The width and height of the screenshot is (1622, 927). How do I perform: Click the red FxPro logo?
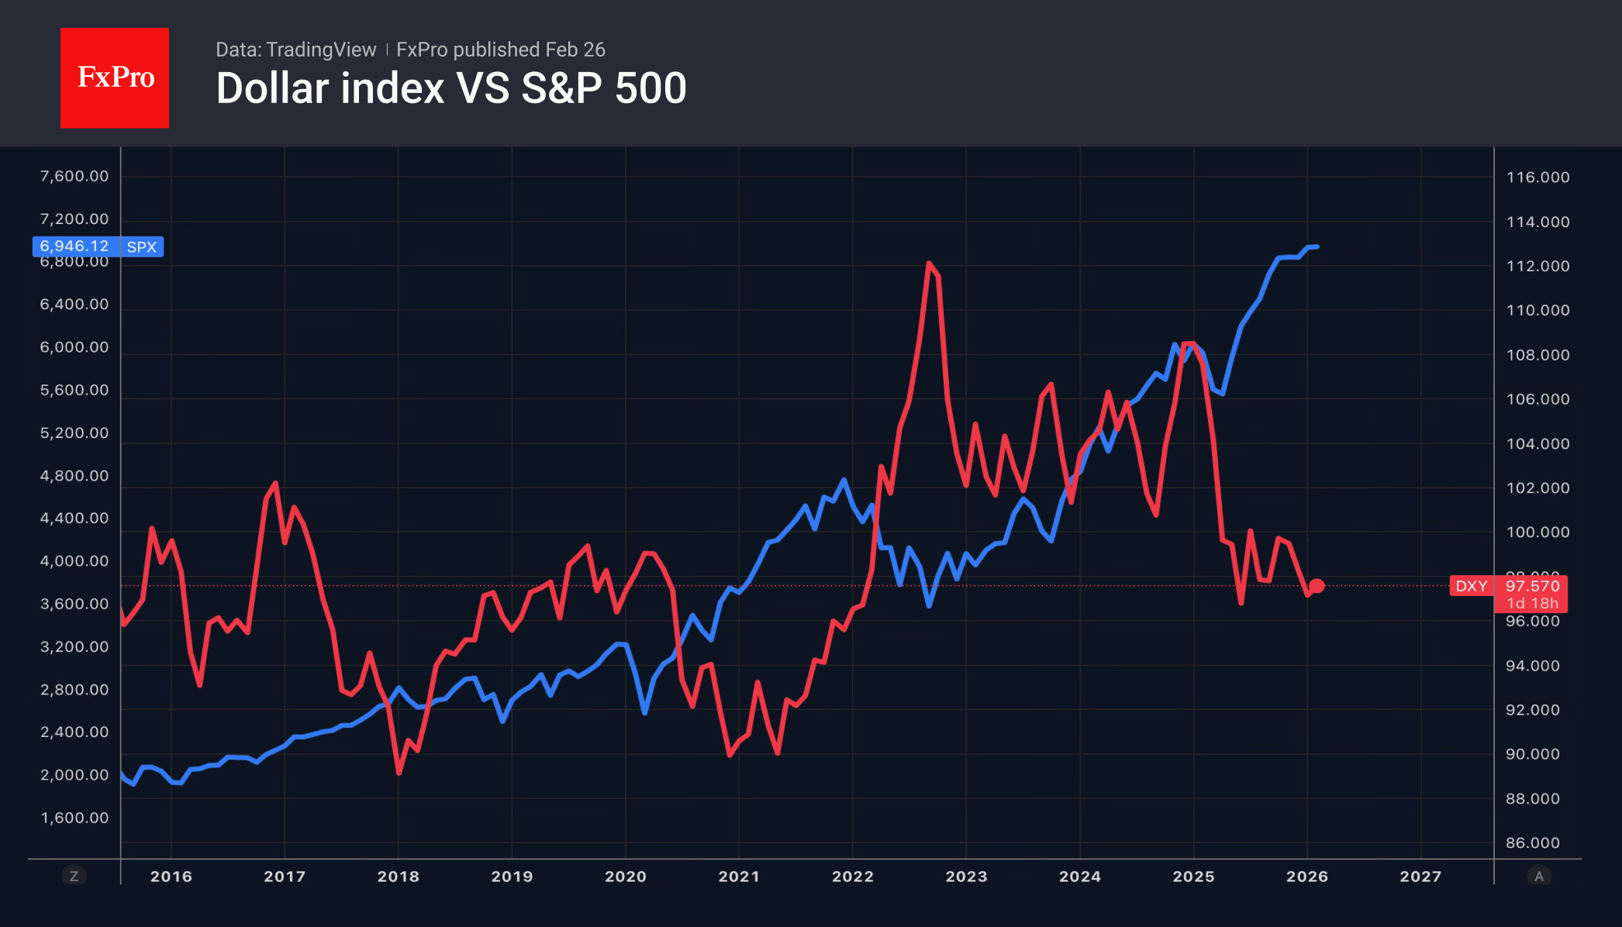(115, 78)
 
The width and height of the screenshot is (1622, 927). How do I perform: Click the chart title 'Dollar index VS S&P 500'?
(451, 88)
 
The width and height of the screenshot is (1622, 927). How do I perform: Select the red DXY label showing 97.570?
(1531, 587)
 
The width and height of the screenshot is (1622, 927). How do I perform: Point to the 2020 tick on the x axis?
(625, 877)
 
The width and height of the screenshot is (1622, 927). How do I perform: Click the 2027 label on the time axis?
(1420, 877)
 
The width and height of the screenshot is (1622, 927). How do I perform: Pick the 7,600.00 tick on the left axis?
(74, 177)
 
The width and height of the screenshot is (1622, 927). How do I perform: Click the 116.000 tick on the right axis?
(1537, 177)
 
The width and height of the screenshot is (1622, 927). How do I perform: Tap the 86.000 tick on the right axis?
(1532, 843)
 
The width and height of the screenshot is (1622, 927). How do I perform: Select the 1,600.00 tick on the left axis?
(74, 818)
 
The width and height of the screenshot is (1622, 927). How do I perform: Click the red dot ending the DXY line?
(1317, 586)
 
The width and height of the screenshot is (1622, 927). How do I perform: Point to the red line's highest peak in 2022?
(928, 264)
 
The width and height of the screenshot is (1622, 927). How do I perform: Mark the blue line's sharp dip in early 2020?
(644, 712)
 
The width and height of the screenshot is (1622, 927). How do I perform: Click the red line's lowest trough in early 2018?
(399, 772)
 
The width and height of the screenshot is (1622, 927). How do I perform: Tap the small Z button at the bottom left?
(74, 877)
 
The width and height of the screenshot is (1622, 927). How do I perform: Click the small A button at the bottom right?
(1539, 877)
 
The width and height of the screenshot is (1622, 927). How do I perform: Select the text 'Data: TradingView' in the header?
(295, 50)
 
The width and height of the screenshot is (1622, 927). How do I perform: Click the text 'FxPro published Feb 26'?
(500, 50)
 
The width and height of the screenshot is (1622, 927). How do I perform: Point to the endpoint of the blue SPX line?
(1317, 247)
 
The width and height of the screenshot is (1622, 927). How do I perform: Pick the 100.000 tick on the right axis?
(1537, 532)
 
